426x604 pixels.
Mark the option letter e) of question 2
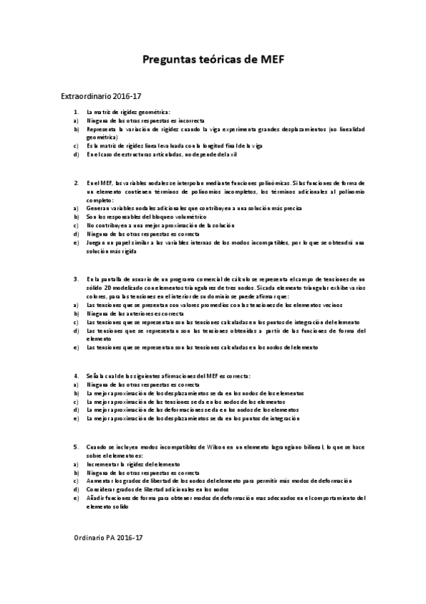75,242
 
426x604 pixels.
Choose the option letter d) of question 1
75,155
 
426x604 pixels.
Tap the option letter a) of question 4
75,384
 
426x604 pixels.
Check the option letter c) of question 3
75,322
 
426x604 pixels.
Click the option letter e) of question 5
75,498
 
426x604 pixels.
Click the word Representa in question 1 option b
102,130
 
